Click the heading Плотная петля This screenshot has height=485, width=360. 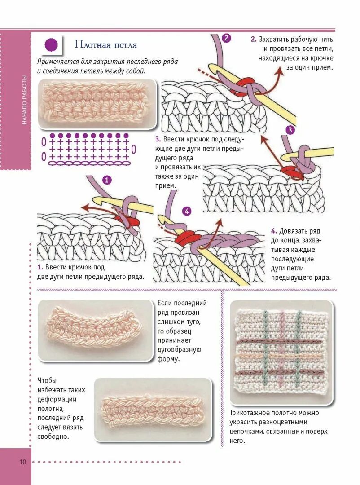pyautogui.click(x=106, y=45)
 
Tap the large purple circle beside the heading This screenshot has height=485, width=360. pyautogui.click(x=52, y=45)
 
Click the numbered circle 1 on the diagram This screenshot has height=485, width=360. pyautogui.click(x=107, y=181)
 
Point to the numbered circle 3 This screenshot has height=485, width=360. pyautogui.click(x=290, y=130)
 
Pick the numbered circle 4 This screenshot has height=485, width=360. pyautogui.click(x=187, y=211)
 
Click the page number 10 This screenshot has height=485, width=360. pyautogui.click(x=22, y=462)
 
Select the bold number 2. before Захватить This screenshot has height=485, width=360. pyautogui.click(x=254, y=39)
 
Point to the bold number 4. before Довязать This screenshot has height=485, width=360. pyautogui.click(x=274, y=231)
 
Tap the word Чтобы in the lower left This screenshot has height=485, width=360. pyautogui.click(x=47, y=380)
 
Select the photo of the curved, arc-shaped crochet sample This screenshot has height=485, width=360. pyautogui.click(x=96, y=330)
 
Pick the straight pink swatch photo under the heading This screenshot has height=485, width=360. pyautogui.click(x=97, y=104)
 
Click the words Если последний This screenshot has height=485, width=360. pyautogui.click(x=182, y=303)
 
